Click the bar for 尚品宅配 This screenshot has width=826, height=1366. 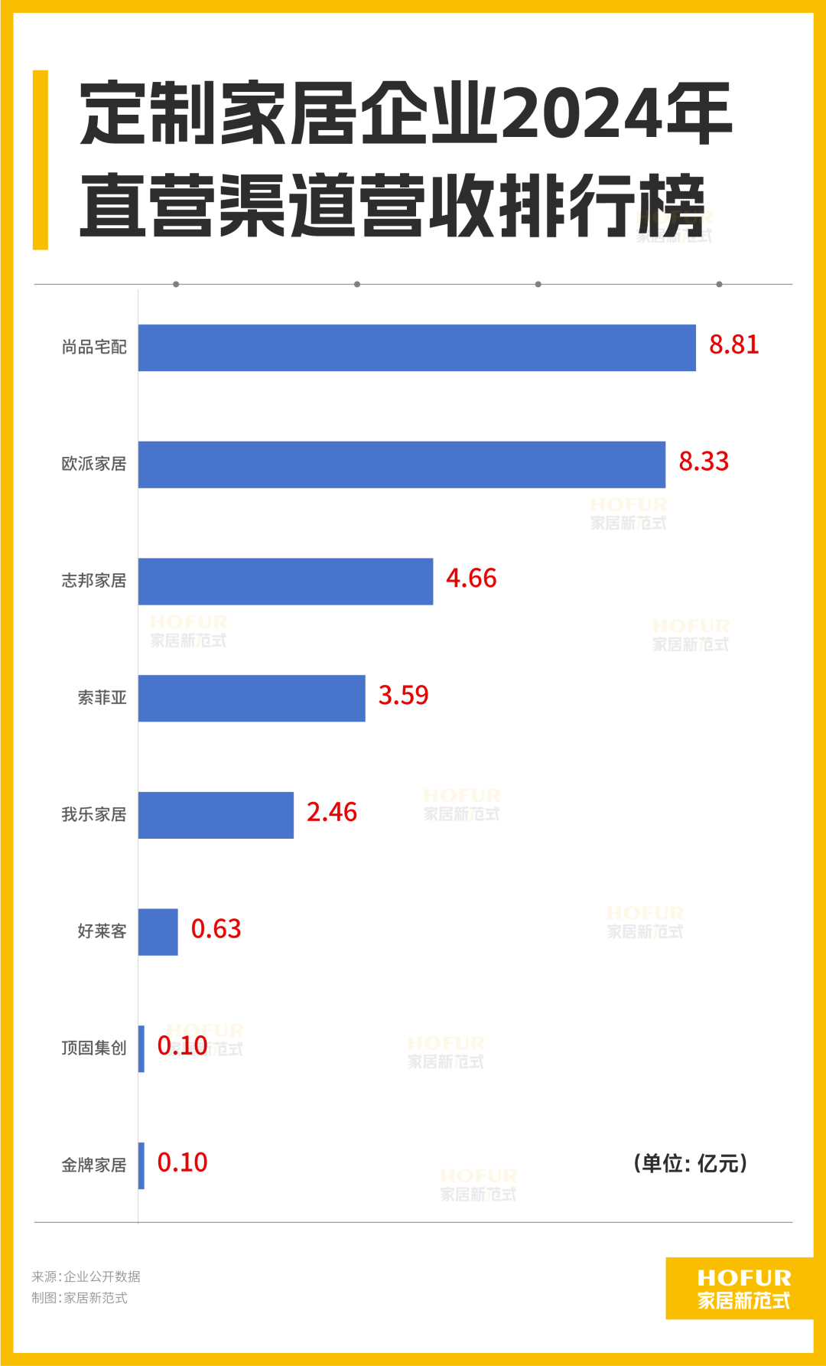[x=417, y=347]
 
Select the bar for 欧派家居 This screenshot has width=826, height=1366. [x=402, y=465]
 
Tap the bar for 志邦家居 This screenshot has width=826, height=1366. [x=285, y=582]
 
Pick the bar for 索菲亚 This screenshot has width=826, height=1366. [x=252, y=698]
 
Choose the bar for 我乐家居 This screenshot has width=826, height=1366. [x=216, y=815]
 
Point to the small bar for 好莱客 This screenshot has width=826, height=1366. [x=158, y=932]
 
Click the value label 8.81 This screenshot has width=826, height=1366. [x=734, y=345]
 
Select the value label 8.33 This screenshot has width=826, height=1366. [x=704, y=461]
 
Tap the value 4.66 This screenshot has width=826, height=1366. [x=471, y=579]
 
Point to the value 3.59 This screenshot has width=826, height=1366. [x=403, y=696]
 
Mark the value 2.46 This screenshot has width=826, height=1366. [x=331, y=812]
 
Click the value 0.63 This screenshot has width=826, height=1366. [x=216, y=929]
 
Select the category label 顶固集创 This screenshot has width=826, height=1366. [x=94, y=1048]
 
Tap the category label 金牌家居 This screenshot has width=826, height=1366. [x=94, y=1166]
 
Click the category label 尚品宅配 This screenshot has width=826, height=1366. [x=94, y=347]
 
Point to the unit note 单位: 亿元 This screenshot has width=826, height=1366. [x=691, y=1164]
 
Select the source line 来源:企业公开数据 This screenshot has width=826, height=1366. [x=86, y=1276]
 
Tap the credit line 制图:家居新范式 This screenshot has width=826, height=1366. [x=80, y=1298]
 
